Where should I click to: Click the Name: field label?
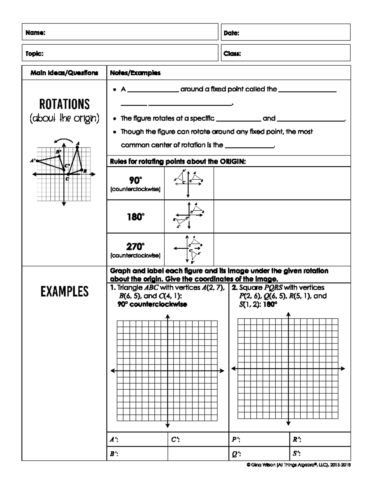coord(35,33)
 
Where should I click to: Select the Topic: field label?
coord(34,53)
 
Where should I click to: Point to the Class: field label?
coord(232,53)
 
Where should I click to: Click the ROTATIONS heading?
coord(64,104)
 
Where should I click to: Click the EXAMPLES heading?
coord(64,291)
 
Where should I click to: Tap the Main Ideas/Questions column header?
coord(64,73)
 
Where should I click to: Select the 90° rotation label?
coord(135,180)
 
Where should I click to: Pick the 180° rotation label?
coord(135,217)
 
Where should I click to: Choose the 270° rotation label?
coord(135,247)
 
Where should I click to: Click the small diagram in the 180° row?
coord(188,216)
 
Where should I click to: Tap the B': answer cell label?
coord(114,454)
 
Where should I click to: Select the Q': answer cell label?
coord(236,454)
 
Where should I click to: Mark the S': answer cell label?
coord(296,453)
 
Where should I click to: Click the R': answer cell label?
coord(297,439)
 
